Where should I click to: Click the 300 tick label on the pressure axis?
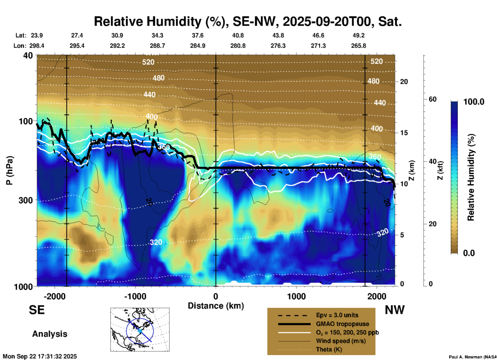26,200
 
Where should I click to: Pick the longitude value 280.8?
238,46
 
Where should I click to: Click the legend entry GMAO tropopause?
342,324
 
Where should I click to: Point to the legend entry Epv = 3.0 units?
337,315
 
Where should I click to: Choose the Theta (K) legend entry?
329,349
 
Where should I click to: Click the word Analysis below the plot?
50,334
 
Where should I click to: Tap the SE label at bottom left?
37,310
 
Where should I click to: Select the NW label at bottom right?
395,310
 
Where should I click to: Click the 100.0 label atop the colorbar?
474,102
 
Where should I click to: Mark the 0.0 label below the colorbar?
469,253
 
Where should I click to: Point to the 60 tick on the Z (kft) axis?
432,99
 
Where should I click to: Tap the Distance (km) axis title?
216,306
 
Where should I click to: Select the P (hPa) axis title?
10,170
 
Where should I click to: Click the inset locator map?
140,329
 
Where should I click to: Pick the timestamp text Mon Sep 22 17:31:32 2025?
40,356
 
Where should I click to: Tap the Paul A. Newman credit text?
472,357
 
